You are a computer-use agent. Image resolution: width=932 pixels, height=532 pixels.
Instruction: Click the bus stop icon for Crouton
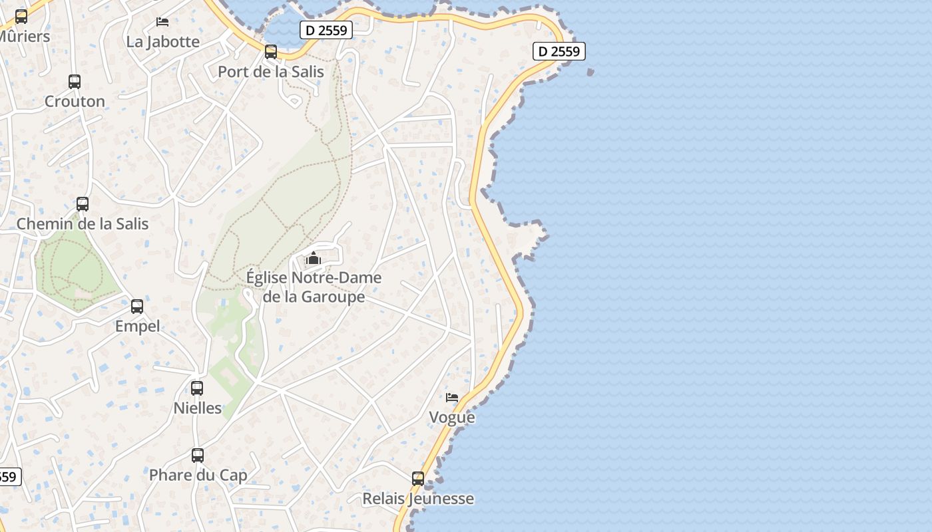[x=75, y=82]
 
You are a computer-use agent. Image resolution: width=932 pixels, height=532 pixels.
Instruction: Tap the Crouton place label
[x=75, y=101]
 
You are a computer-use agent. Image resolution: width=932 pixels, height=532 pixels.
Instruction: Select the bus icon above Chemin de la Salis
[x=83, y=204]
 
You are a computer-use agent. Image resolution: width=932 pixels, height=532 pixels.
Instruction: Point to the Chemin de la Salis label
[x=83, y=223]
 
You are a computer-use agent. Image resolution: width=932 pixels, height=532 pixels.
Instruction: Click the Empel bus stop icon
[x=137, y=307]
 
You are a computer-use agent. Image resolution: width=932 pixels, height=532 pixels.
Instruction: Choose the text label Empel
[x=137, y=326]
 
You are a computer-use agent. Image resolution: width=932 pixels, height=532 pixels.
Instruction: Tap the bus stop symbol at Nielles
[x=197, y=388]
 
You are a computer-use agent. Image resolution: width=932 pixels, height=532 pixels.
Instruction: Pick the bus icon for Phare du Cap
[x=198, y=456]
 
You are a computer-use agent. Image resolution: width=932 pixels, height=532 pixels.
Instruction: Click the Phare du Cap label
[x=198, y=475]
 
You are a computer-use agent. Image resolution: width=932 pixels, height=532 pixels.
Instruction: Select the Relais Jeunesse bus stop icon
[x=418, y=479]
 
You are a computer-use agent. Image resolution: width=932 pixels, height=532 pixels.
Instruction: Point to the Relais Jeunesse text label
[x=418, y=498]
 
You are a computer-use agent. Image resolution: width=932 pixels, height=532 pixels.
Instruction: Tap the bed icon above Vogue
[x=452, y=398]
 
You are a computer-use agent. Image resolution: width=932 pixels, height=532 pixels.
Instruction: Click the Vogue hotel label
[x=452, y=417]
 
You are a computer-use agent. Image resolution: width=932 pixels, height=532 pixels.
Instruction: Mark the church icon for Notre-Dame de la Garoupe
[x=314, y=258]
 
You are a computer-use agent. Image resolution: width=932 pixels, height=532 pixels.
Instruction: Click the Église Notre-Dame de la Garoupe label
[x=314, y=287]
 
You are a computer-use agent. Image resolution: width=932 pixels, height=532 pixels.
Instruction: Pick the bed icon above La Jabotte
[x=162, y=22]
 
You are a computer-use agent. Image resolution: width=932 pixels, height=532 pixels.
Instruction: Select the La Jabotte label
[x=162, y=41]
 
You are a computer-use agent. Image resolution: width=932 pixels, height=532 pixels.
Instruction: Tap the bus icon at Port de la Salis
[x=271, y=52]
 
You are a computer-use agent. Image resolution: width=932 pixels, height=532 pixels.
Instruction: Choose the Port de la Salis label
[x=271, y=71]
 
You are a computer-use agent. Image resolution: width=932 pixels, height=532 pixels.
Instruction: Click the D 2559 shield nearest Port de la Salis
[x=326, y=30]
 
